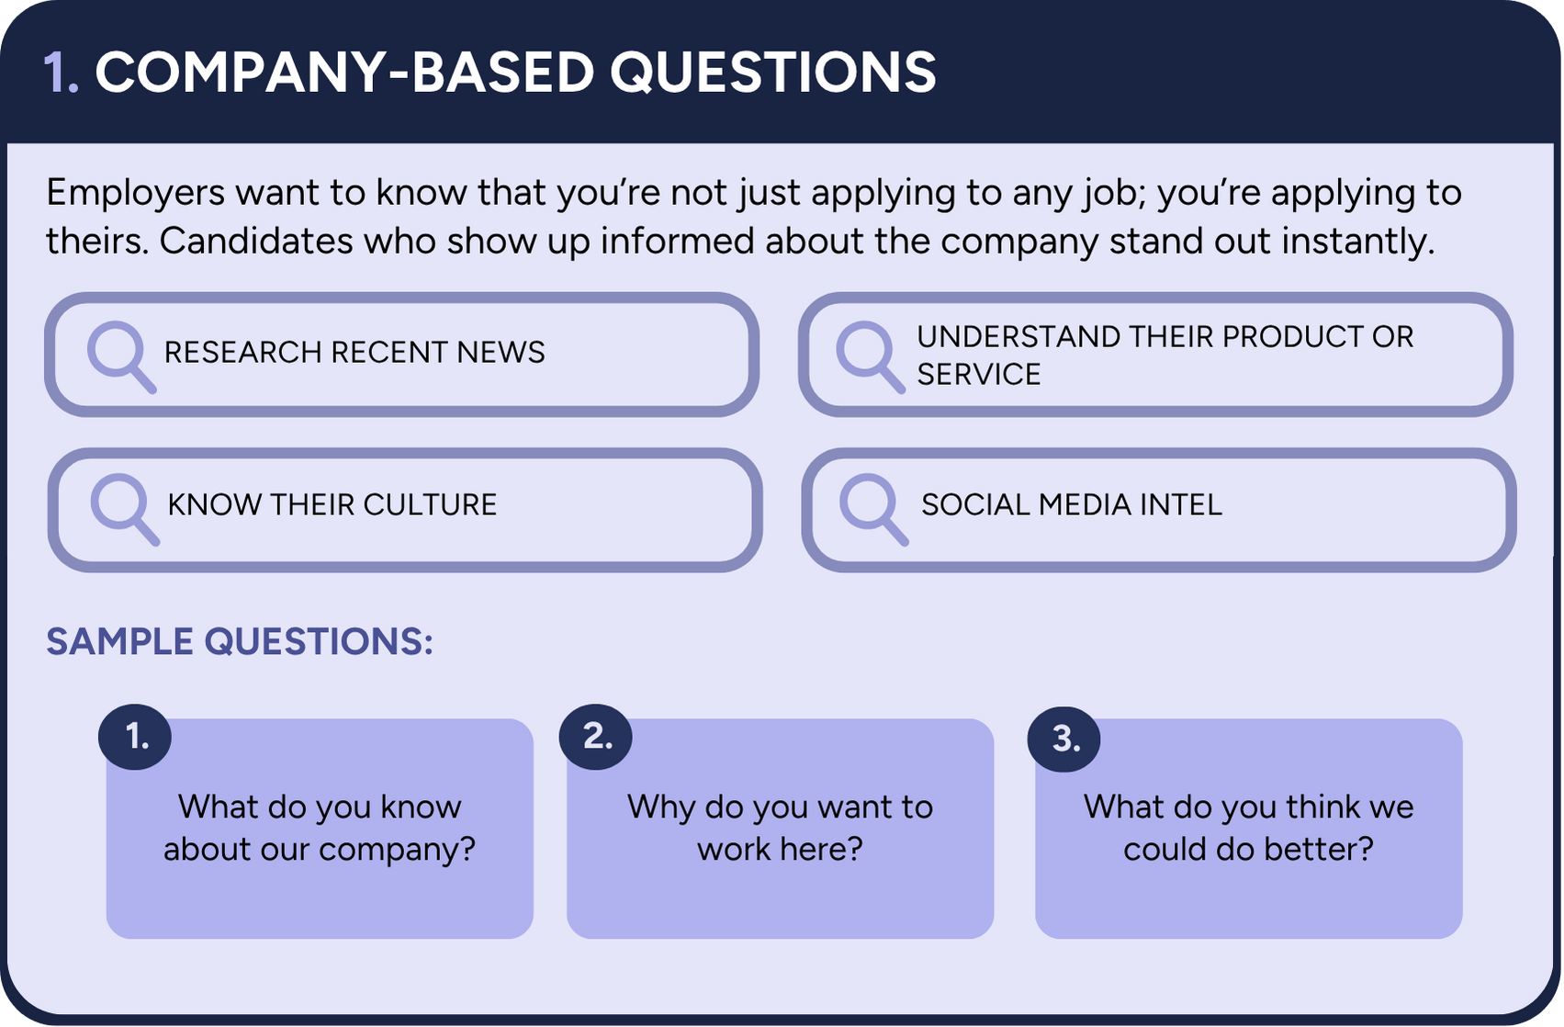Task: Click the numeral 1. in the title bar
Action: [x=61, y=72]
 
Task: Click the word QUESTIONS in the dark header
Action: [x=773, y=72]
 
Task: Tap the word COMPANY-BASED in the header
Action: [x=345, y=72]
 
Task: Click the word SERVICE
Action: [x=978, y=375]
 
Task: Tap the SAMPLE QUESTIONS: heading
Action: [x=239, y=641]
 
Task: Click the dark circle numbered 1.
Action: [x=135, y=737]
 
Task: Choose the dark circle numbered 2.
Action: [x=596, y=737]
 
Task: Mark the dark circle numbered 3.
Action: [x=1063, y=739]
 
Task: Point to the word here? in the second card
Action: [x=821, y=850]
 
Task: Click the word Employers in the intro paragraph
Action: [x=135, y=194]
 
